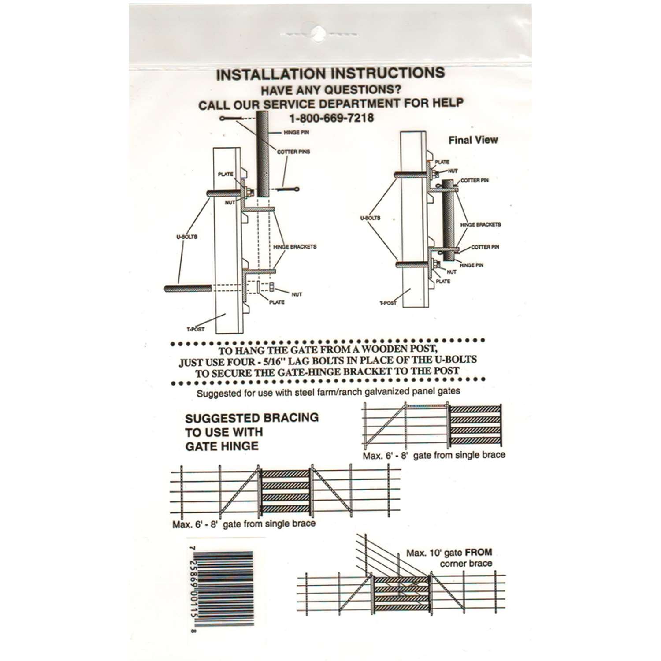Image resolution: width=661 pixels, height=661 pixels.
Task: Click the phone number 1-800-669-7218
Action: point(331,118)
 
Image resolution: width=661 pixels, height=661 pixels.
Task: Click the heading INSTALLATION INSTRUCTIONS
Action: point(330,74)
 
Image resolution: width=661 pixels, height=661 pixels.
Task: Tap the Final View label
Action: point(473,140)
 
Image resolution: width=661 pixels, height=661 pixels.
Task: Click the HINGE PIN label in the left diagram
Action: point(296,133)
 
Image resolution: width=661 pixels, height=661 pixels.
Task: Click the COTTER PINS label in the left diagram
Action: point(293,152)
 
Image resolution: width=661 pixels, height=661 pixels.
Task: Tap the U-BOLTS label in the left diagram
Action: point(187,237)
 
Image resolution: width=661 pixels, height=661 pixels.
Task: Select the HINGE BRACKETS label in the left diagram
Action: point(295,247)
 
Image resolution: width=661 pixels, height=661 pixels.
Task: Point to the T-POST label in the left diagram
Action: point(195,329)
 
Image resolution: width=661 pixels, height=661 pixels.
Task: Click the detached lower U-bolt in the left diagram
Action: point(188,289)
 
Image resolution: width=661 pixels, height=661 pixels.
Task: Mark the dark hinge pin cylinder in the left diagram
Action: point(263,154)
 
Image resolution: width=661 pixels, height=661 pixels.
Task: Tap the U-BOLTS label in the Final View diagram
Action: point(370,218)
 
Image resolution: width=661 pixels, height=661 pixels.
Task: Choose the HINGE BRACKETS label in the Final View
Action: point(480,225)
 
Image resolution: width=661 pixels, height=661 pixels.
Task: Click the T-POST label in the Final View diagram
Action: point(388,303)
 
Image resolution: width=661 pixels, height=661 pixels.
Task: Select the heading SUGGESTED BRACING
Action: point(252,418)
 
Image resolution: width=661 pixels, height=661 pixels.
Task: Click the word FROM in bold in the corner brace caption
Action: point(479,552)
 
